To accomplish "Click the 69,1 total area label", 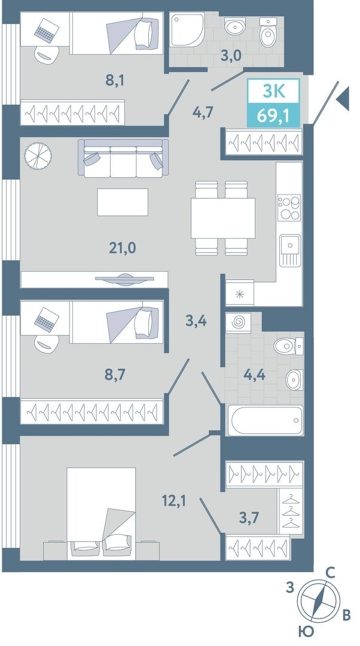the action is point(272,114).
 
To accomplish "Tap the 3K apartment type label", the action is point(273,91).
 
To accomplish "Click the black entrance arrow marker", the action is point(343,99).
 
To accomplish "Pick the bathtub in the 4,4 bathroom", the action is point(265,420).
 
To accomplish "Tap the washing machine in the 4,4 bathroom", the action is point(238,322).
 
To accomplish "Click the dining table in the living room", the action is point(223,218).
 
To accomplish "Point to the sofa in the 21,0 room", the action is point(124,159).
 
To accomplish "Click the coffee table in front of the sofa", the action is point(123,202).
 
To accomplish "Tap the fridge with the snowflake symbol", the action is point(239,293).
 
